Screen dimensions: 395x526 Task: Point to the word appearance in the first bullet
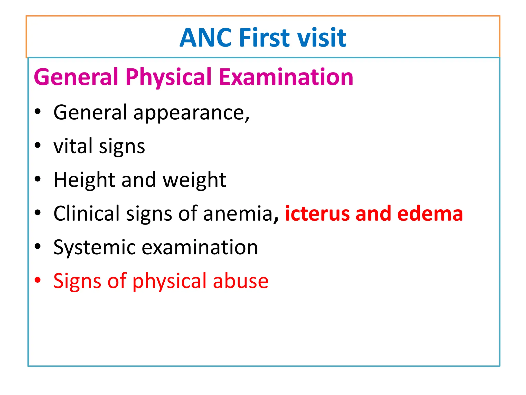pyautogui.click(x=191, y=113)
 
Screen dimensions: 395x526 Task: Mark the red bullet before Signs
pyautogui.click(x=38, y=280)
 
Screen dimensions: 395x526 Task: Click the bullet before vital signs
pyautogui.click(x=38, y=145)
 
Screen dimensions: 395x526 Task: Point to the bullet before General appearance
pyautogui.click(x=38, y=112)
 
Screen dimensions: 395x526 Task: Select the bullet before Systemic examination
pyautogui.click(x=38, y=246)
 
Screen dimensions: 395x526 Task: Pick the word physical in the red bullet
pyautogui.click(x=170, y=281)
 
